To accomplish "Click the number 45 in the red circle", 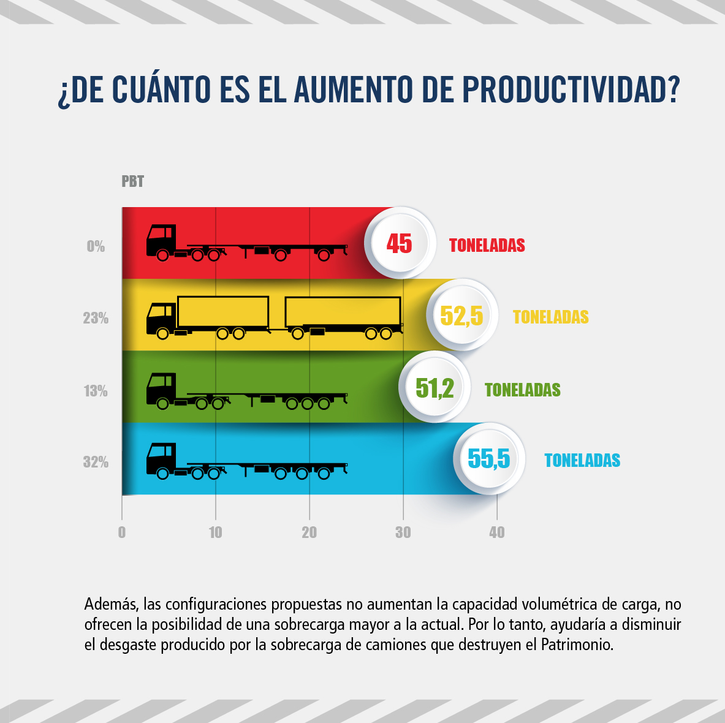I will (x=399, y=244).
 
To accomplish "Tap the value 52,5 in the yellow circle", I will (x=461, y=316).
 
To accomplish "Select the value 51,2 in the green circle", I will (x=435, y=388).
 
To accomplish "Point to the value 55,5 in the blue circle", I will (x=488, y=459).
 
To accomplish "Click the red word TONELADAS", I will (x=487, y=246).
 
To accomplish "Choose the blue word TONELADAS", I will (x=582, y=461).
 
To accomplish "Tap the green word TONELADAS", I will (x=522, y=390).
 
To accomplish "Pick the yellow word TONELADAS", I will (x=550, y=317).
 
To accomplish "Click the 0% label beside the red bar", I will (x=96, y=247).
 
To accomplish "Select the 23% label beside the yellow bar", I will (x=96, y=319).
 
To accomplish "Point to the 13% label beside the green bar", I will (x=96, y=391).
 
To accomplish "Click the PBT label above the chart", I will (x=132, y=182).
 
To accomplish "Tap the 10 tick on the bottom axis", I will (x=216, y=532).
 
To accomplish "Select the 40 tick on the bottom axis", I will (x=497, y=532).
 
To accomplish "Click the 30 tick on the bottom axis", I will (x=403, y=532).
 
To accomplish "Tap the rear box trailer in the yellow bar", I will (x=343, y=312).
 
